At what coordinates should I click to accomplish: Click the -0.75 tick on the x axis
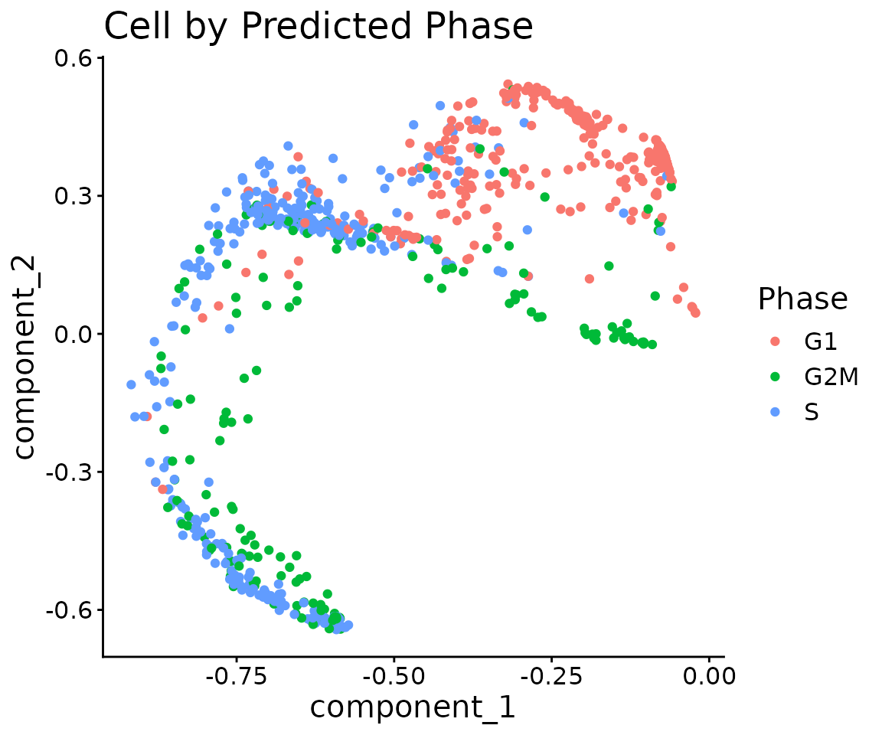pos(236,676)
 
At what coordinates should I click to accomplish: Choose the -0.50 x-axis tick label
pos(394,676)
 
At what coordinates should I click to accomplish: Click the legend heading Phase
pos(802,299)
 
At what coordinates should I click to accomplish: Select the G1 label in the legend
pos(821,341)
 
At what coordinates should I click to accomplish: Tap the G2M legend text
pos(831,377)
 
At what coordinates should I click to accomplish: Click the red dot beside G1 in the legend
pos(775,341)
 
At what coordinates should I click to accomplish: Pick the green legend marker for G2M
pos(775,377)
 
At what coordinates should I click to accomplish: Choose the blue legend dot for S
pos(775,412)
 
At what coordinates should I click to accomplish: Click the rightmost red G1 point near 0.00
pos(695,312)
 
